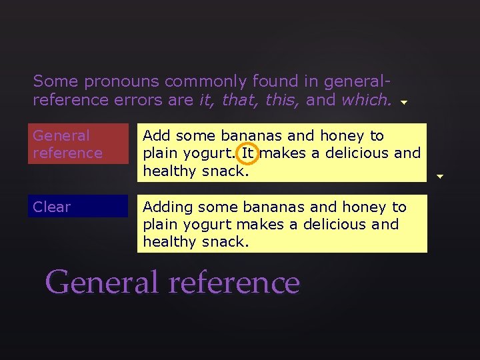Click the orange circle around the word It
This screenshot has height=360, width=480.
248,153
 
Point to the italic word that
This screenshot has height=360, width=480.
238,100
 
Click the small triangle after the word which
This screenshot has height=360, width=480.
403,103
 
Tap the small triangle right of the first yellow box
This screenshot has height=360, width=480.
439,176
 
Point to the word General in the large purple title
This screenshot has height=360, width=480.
103,282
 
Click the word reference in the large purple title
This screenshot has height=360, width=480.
235,282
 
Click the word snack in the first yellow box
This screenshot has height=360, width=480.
226,171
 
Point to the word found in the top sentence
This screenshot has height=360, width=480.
275,82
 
